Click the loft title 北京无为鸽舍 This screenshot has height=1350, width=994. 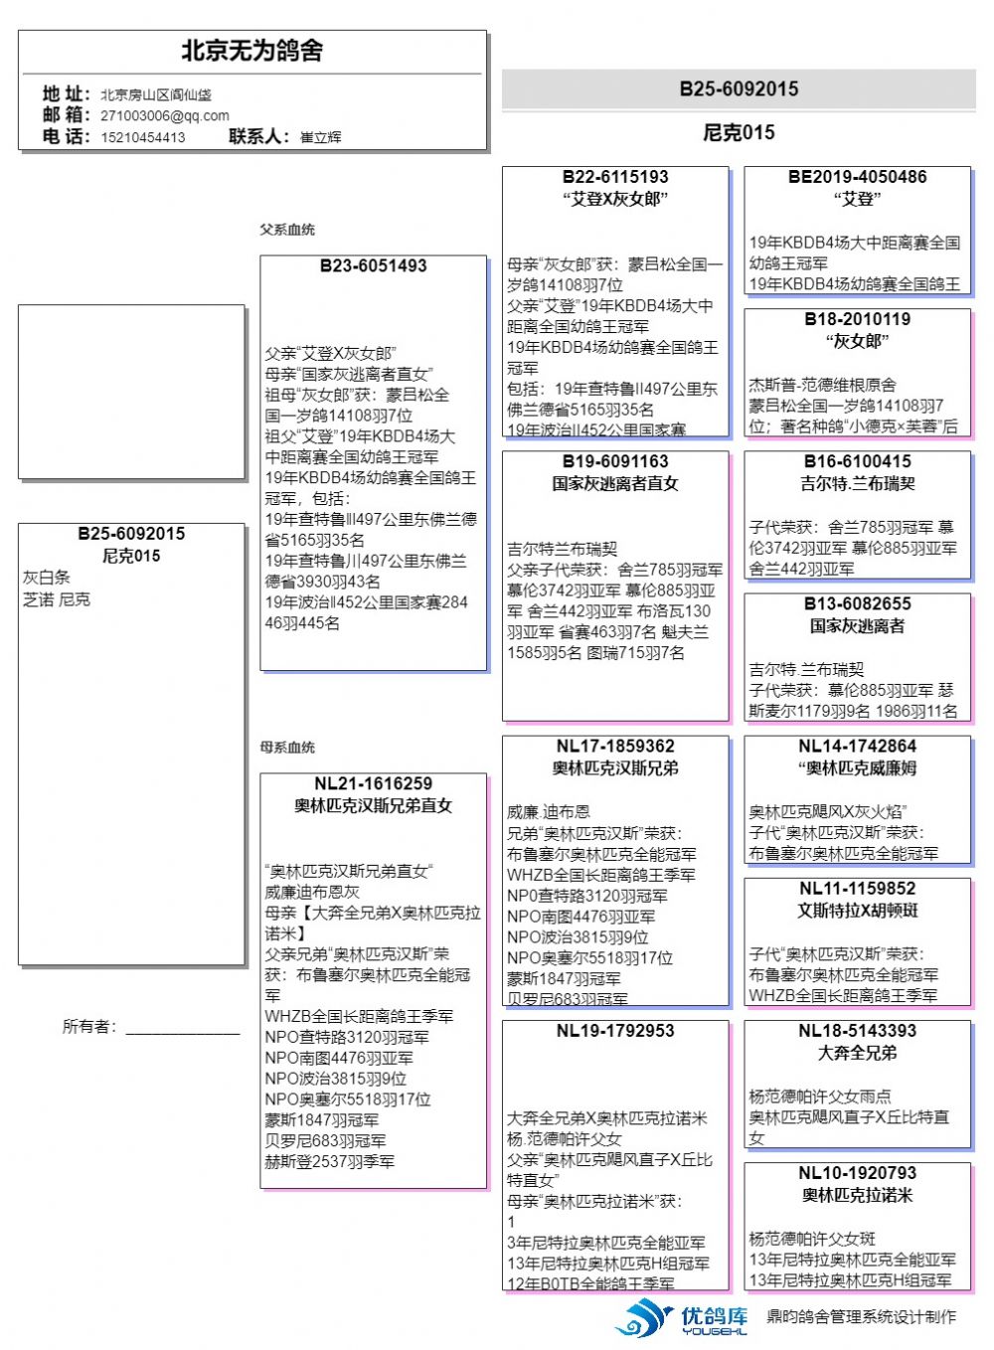coord(252,51)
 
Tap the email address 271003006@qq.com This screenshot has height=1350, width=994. coord(164,115)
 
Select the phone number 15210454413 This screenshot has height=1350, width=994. coord(142,137)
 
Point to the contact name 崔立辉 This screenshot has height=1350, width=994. coord(320,137)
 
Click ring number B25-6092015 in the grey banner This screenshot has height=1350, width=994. coord(739,88)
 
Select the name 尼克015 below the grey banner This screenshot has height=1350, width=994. coord(739,132)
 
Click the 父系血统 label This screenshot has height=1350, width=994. coord(287,230)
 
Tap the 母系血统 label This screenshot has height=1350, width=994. coord(287,747)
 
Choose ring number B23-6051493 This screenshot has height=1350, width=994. coord(373,266)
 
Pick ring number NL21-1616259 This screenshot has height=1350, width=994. coord(373,783)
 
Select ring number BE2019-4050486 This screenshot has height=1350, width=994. coord(857,177)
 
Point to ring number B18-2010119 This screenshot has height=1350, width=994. coord(857,319)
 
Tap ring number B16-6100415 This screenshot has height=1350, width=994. coord(857,461)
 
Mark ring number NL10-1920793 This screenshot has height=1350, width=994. coord(857,1173)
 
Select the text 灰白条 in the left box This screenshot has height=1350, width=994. coord(47,578)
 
